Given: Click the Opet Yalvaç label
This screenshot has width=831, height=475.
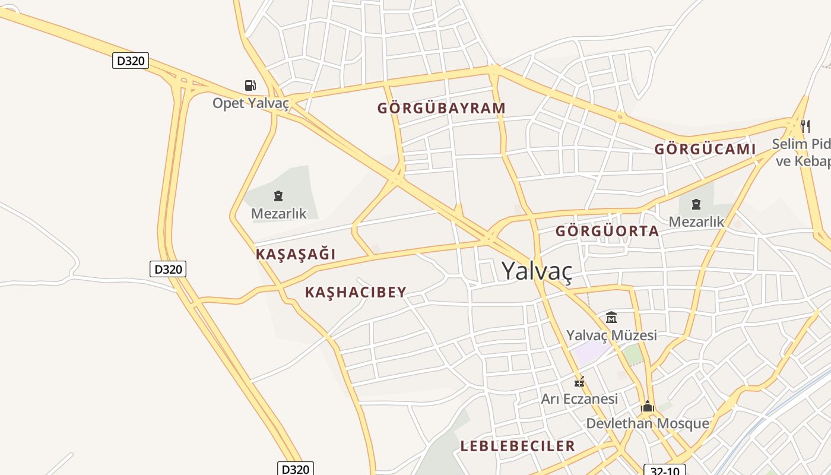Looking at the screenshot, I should [x=250, y=103].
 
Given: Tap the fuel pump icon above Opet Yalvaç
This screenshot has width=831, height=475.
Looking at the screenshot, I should [x=250, y=85].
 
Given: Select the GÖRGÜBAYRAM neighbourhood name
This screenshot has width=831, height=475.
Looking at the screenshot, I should [x=442, y=108].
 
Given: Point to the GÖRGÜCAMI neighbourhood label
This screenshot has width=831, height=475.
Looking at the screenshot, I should [x=705, y=149].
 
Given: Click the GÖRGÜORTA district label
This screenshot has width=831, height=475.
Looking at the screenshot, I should [x=607, y=231].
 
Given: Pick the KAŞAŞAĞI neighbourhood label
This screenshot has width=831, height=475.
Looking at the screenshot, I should [x=296, y=254].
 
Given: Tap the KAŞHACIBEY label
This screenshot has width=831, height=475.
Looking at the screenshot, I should [x=356, y=292].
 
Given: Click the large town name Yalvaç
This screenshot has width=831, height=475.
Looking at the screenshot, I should [x=537, y=270].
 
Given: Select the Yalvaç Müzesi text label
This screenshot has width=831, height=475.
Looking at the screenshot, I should [x=611, y=335].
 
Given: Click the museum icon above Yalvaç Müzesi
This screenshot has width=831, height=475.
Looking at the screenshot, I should [x=611, y=318].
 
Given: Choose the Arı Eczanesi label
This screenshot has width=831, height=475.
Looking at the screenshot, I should [x=579, y=398].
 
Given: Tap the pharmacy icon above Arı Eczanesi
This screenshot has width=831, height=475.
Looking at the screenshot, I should [x=579, y=382].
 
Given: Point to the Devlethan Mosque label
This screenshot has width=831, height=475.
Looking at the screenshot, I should [x=648, y=423].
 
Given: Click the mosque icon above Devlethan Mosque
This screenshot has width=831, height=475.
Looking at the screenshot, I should [x=648, y=407].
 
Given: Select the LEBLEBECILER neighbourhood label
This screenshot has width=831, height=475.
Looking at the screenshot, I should [x=518, y=446].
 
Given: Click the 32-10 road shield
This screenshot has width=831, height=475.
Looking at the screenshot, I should [x=665, y=470].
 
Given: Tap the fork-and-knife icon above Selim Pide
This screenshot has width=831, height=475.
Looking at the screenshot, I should [x=805, y=126].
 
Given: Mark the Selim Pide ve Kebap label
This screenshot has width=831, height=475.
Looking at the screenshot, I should [x=801, y=152].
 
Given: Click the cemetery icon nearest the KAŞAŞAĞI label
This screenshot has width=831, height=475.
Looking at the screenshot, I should [x=278, y=196].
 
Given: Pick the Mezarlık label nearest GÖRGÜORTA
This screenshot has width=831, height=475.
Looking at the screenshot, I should [x=696, y=222].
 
